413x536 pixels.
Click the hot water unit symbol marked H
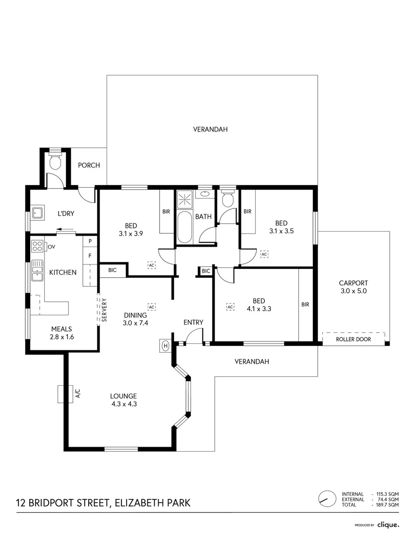165,345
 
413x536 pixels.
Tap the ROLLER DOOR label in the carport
353,339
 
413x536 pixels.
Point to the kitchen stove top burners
37,246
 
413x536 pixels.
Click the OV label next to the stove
51,246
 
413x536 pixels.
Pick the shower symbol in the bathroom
185,200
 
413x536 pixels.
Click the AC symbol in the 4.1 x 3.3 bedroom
230,307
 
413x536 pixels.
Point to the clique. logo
388,524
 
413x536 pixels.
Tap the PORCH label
89,165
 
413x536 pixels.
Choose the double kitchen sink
37,271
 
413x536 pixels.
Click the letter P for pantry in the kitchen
90,242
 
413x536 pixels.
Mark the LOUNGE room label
123,396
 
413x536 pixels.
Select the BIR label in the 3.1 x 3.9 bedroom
166,211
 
